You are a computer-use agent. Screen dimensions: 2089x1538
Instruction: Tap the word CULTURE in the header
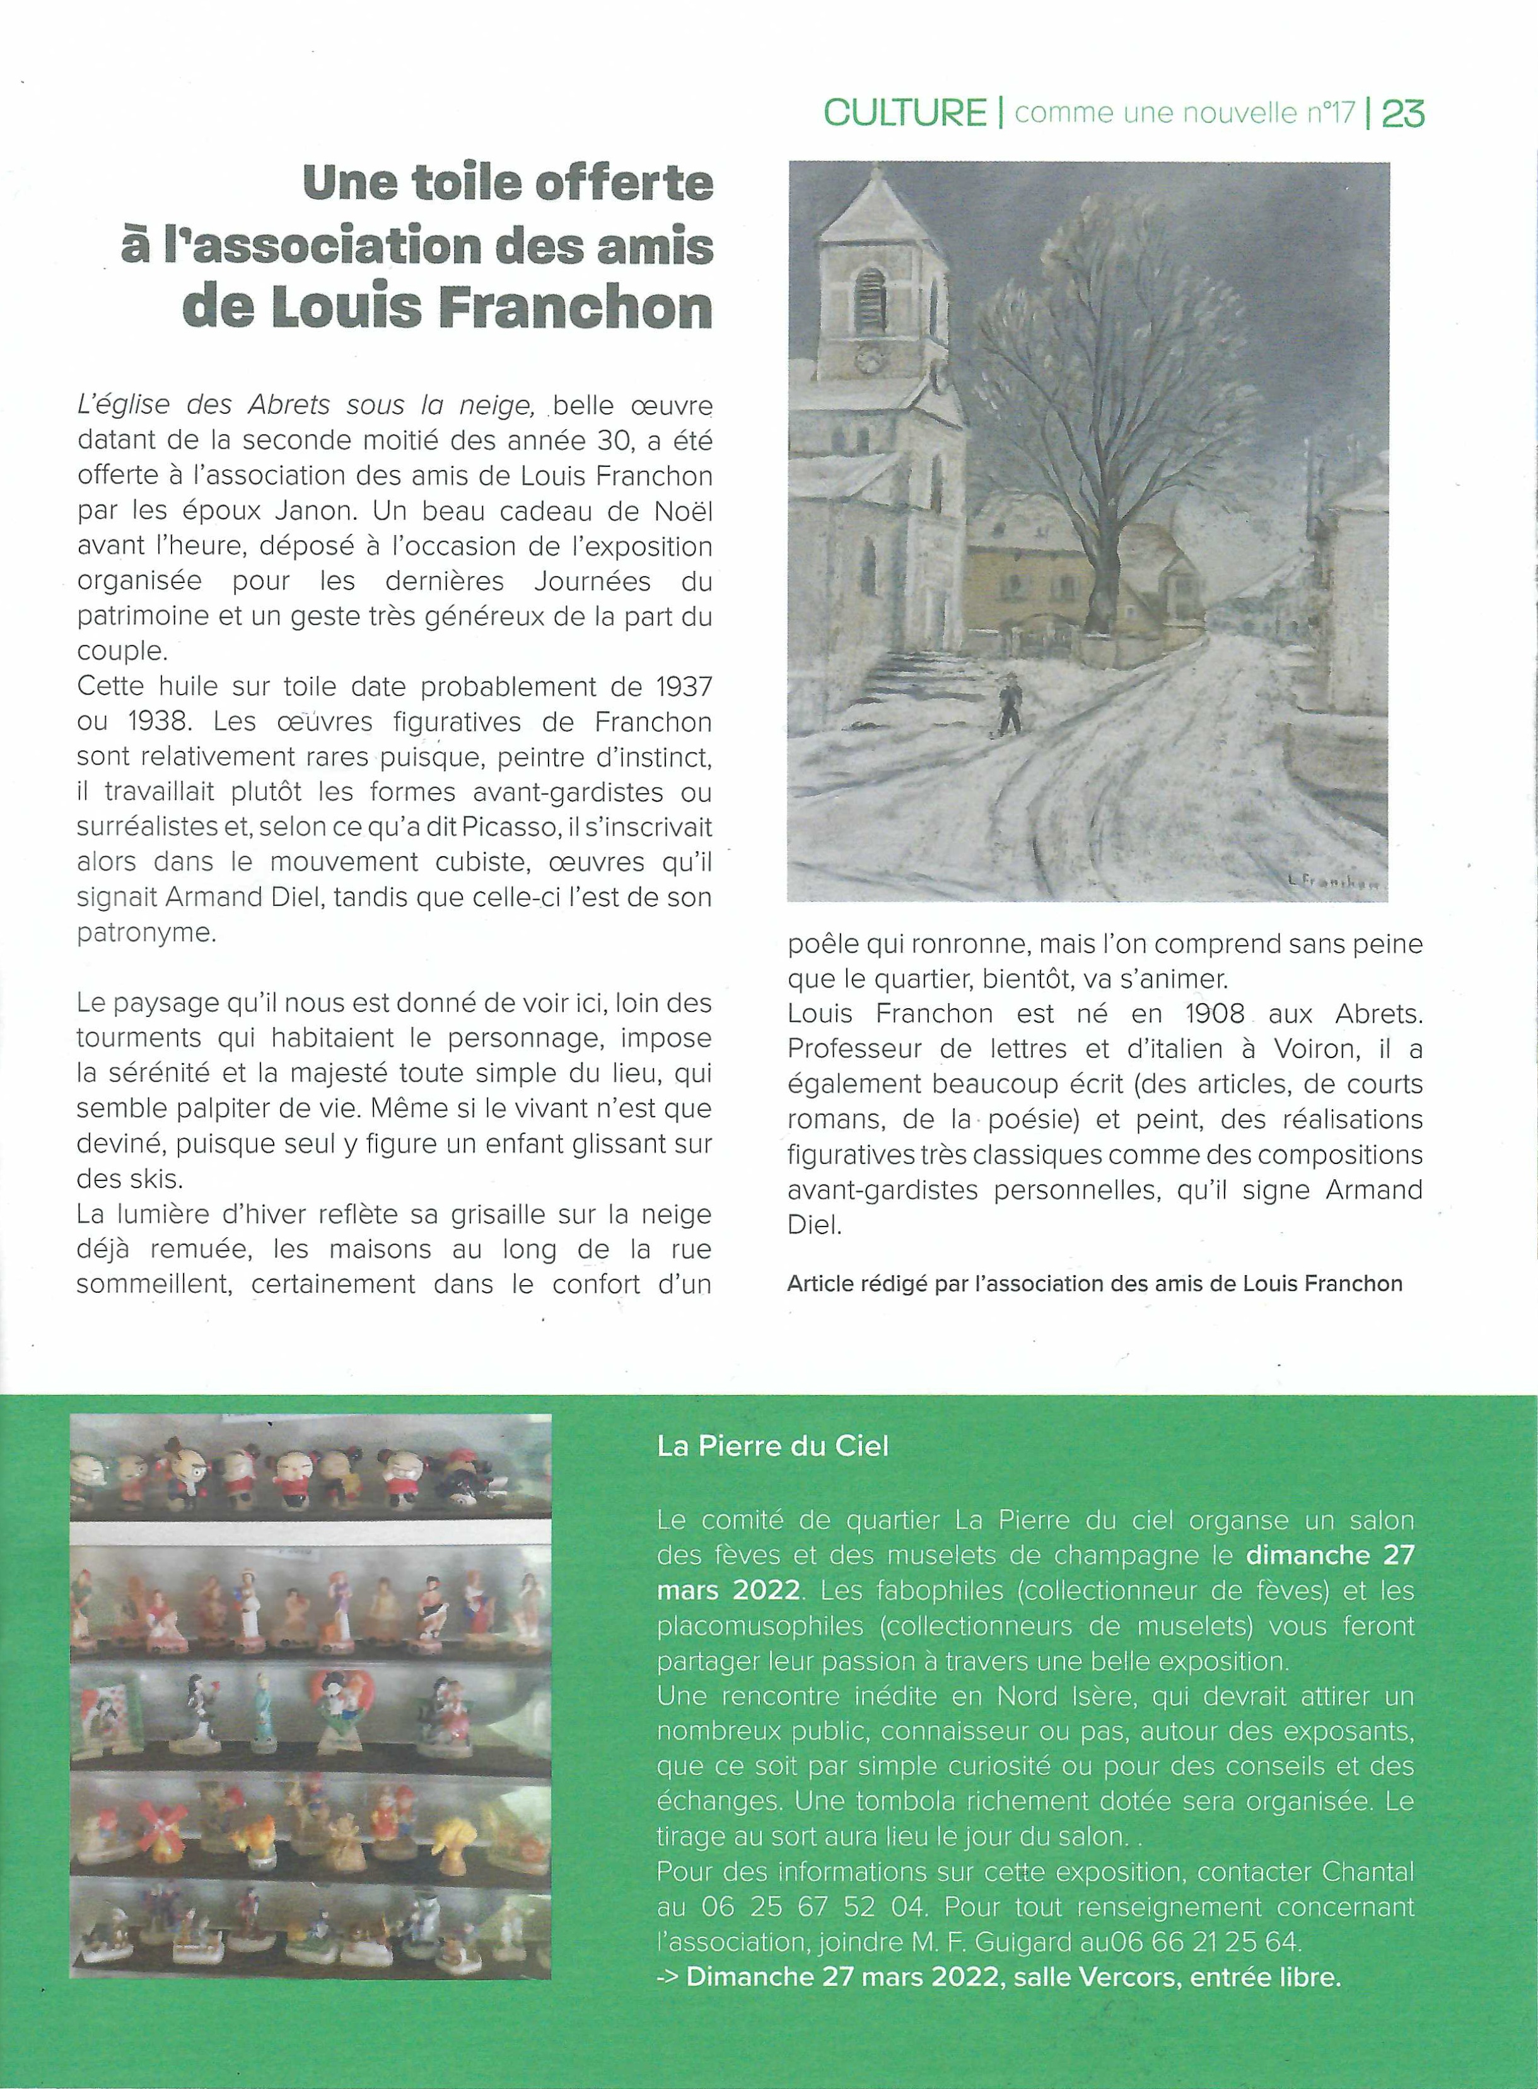[905, 114]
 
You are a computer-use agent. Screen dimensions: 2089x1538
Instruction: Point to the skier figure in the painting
[1006, 707]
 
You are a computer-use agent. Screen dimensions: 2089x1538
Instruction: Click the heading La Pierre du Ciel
[772, 1445]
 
